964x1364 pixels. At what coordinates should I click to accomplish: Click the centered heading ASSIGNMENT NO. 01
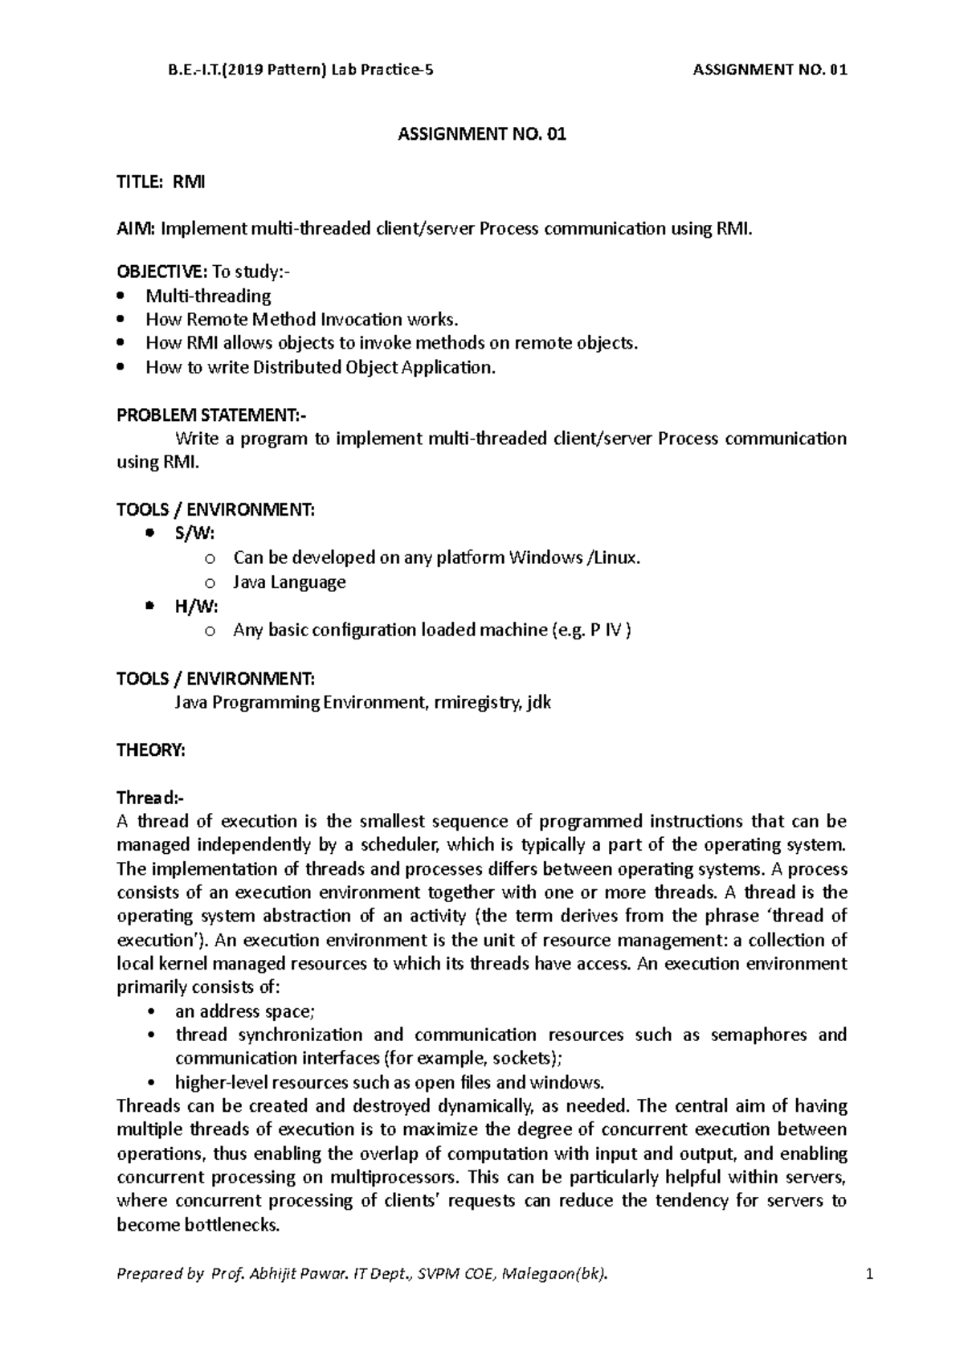482,135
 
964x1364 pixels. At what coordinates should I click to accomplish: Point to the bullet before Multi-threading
121,296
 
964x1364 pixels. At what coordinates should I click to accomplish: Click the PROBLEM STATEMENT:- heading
211,415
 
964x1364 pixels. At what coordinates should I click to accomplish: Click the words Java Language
289,582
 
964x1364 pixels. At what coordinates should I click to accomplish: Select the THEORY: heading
151,750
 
